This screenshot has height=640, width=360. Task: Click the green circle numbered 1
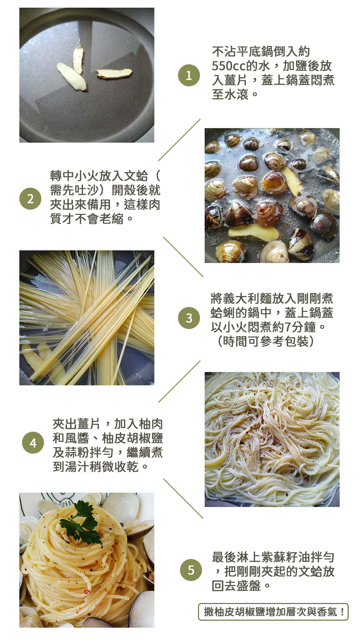[189, 75]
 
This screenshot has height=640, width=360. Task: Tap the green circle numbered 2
[30, 199]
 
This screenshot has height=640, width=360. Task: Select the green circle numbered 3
[189, 318]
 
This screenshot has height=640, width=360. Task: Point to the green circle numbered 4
[33, 443]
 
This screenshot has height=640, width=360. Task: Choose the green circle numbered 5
[191, 570]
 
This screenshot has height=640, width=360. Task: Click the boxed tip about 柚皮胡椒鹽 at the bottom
[273, 612]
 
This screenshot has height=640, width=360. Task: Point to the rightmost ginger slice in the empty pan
[114, 73]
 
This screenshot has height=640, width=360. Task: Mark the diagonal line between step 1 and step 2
[179, 140]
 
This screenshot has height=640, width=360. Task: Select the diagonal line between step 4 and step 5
[183, 499]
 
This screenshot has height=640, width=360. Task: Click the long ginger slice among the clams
[254, 232]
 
